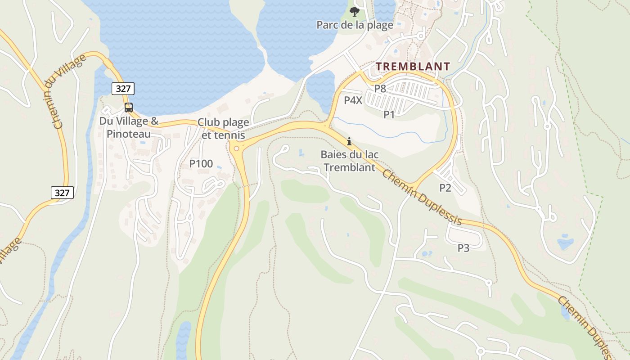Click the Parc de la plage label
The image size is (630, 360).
(355, 25)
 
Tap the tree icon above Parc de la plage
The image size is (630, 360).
(355, 11)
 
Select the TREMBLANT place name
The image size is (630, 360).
(413, 67)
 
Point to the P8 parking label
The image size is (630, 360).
(380, 88)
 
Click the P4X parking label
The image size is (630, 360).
(353, 100)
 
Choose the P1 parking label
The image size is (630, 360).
(389, 115)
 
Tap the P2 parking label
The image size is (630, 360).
(445, 188)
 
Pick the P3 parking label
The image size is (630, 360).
(463, 247)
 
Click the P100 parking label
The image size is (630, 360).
(201, 164)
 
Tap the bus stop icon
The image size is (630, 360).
(129, 107)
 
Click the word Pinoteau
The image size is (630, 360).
(129, 134)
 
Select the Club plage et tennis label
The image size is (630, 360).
(223, 129)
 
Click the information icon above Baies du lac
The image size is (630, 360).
(349, 141)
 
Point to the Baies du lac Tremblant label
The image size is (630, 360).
(350, 161)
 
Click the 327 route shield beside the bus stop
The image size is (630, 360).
(123, 89)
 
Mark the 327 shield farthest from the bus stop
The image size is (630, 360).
(62, 193)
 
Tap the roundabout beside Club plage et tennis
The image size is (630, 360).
(235, 148)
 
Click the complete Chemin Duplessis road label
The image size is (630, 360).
(422, 197)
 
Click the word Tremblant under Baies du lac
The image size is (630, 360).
(350, 167)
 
